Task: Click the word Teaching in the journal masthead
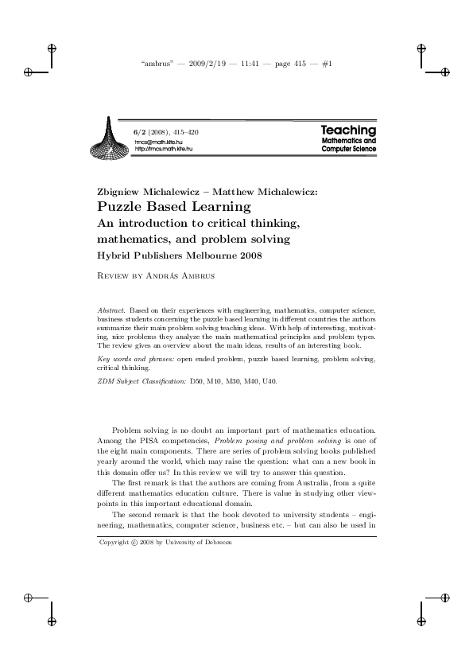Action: [x=348, y=130]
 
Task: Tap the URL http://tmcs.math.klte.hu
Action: [x=164, y=149]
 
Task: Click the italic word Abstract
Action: [x=110, y=306]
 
